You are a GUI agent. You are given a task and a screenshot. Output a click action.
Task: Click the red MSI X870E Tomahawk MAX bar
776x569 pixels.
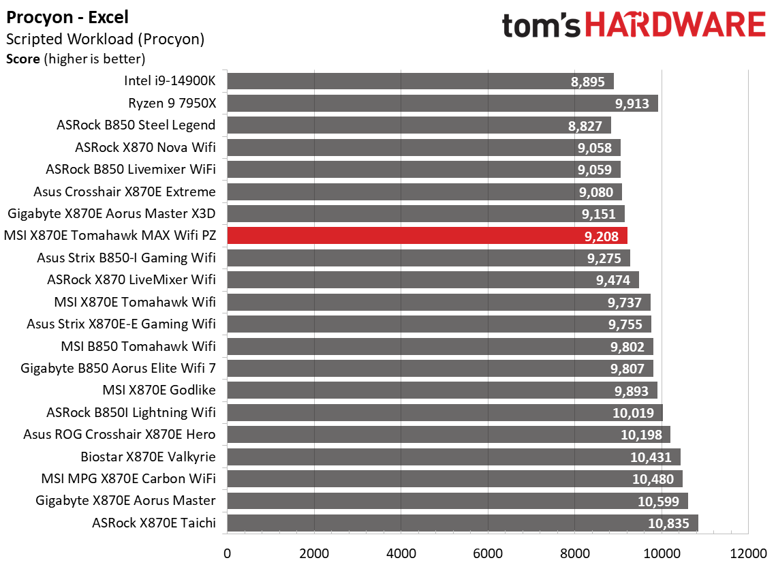coord(426,236)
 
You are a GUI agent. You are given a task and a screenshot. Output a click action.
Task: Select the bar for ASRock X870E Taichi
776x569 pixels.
coord(462,523)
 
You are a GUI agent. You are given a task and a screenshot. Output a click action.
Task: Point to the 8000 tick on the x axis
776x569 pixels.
coord(574,552)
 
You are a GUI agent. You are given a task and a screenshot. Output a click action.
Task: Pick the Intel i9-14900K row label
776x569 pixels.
coord(170,81)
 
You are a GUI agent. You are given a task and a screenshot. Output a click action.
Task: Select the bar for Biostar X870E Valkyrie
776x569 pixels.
coord(453,457)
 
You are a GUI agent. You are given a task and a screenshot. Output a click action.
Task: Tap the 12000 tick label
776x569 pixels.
coord(747,552)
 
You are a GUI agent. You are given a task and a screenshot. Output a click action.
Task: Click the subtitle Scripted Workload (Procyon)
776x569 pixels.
coord(105,40)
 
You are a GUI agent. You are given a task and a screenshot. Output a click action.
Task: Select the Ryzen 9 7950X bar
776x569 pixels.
coord(442,104)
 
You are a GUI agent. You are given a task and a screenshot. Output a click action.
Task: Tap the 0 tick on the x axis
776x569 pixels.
coord(227,552)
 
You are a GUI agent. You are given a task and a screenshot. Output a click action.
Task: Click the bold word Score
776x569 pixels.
coord(23,59)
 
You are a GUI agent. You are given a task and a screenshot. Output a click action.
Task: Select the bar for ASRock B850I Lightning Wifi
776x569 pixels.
coord(444,412)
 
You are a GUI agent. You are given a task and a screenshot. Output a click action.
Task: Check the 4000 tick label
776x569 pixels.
coord(401,552)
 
